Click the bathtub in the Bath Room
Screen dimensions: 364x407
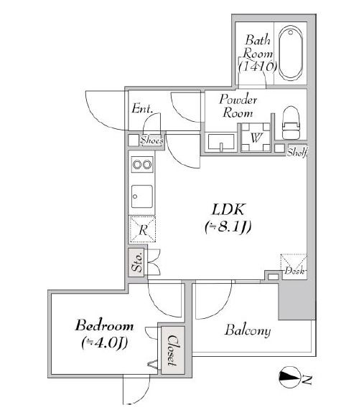tap(291, 53)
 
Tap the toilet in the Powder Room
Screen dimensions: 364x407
tap(291, 123)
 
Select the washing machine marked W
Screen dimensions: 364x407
tap(256, 137)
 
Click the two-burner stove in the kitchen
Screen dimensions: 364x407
tap(141, 164)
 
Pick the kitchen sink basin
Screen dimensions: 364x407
tap(141, 196)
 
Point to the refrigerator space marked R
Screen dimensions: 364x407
tap(142, 229)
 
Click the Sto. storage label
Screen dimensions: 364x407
tap(136, 263)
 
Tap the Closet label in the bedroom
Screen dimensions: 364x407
tap(172, 350)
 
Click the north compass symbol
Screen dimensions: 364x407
tap(289, 378)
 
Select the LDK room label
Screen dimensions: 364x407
tap(228, 210)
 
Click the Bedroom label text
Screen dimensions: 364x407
tap(105, 325)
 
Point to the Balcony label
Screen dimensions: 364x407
tap(248, 330)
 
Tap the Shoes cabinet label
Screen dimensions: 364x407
tap(152, 140)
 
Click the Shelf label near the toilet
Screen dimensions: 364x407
tap(297, 152)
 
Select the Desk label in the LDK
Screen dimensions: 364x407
tap(294, 271)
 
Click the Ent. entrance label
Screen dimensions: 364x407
tap(141, 108)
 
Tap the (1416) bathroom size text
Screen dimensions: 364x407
tap(258, 66)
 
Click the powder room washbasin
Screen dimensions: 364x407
tap(221, 142)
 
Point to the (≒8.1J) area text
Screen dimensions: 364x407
tap(228, 227)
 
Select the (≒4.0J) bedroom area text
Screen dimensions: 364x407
tap(105, 343)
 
